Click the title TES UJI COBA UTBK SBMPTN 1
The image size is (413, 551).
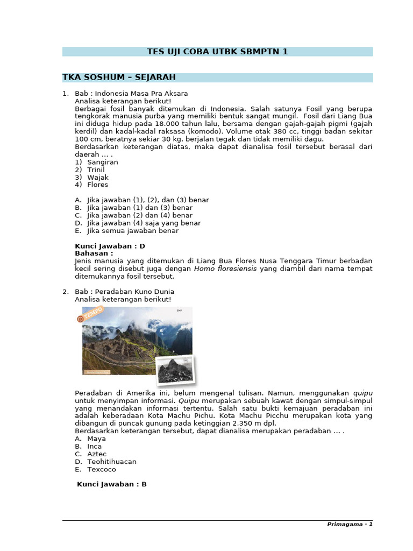click(x=217, y=52)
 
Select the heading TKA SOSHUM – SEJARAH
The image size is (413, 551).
click(x=119, y=77)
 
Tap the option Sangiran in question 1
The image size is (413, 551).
click(x=102, y=162)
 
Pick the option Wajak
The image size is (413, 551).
click(x=98, y=177)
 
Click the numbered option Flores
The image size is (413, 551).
click(x=97, y=185)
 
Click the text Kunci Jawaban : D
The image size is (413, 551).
click(x=110, y=246)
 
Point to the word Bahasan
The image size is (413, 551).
click(x=94, y=253)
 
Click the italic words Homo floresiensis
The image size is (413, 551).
click(x=225, y=269)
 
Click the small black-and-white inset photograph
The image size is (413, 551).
click(x=174, y=370)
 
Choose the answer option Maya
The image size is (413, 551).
click(x=96, y=439)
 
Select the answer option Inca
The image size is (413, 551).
click(x=94, y=446)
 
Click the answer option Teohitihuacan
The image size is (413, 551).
click(x=111, y=462)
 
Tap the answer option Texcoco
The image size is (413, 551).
click(x=101, y=469)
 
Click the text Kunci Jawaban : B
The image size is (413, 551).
click(x=112, y=484)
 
